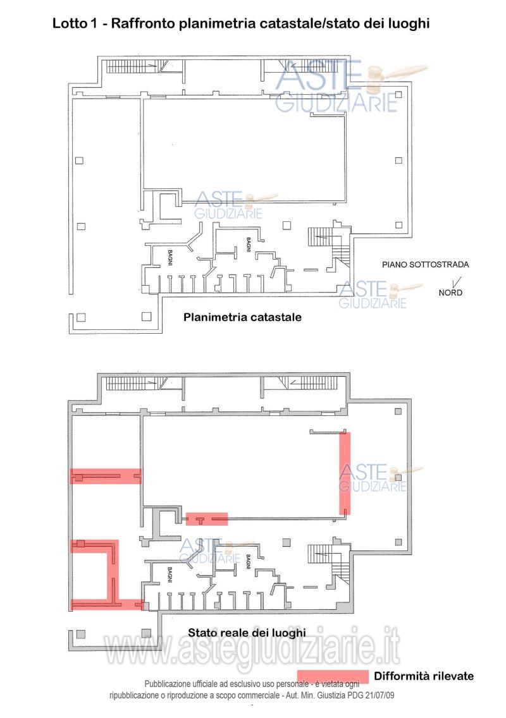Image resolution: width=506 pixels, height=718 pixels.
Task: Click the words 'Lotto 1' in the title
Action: [75, 23]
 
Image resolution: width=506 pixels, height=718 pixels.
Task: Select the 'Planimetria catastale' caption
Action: [242, 317]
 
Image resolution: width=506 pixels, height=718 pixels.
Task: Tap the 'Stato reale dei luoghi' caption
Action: [247, 633]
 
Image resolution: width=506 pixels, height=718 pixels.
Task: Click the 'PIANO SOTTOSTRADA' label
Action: [425, 264]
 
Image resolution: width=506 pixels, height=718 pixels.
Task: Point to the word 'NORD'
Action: [450, 293]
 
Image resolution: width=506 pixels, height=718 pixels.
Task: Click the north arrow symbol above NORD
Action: [457, 283]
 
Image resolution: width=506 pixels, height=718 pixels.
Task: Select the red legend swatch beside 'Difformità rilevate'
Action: [333, 676]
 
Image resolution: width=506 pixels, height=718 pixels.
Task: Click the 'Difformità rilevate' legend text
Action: [424, 676]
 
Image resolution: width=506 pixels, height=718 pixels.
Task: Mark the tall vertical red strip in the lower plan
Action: [345, 473]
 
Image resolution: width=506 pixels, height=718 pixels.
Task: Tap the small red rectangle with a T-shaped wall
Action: [207, 519]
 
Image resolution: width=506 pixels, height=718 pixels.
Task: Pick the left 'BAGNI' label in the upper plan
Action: [170, 257]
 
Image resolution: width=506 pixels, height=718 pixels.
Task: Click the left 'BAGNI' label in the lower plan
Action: [170, 575]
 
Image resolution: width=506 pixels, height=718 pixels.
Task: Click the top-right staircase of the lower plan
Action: [310, 383]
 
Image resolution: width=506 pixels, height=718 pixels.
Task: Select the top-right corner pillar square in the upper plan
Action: [398, 95]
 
